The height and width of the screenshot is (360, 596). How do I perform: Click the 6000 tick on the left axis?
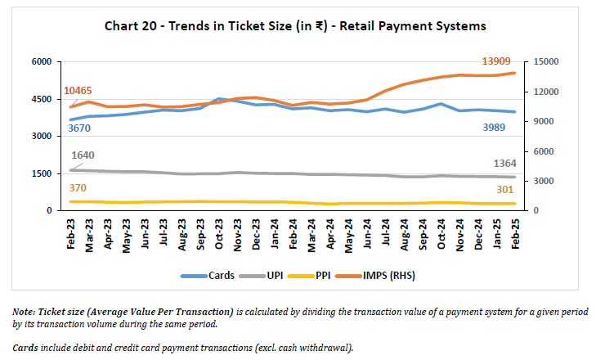click(42, 62)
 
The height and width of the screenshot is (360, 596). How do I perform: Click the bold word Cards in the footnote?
click(25, 349)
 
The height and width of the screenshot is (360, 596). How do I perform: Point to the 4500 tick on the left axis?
click(42, 100)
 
